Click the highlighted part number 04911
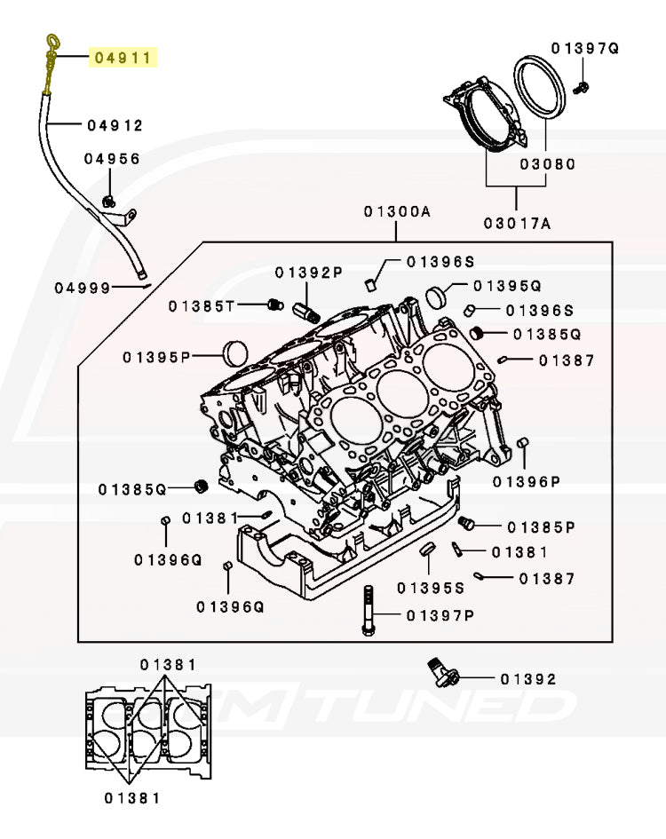(x=122, y=59)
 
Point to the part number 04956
(x=112, y=159)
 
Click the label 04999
(x=83, y=288)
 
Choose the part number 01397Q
(x=584, y=48)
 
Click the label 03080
(x=548, y=164)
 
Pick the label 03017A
(x=517, y=224)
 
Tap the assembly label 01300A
(x=396, y=211)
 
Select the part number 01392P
(x=307, y=273)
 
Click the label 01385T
(x=202, y=306)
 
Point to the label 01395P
(x=157, y=357)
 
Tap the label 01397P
(x=440, y=615)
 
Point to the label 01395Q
(x=507, y=286)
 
